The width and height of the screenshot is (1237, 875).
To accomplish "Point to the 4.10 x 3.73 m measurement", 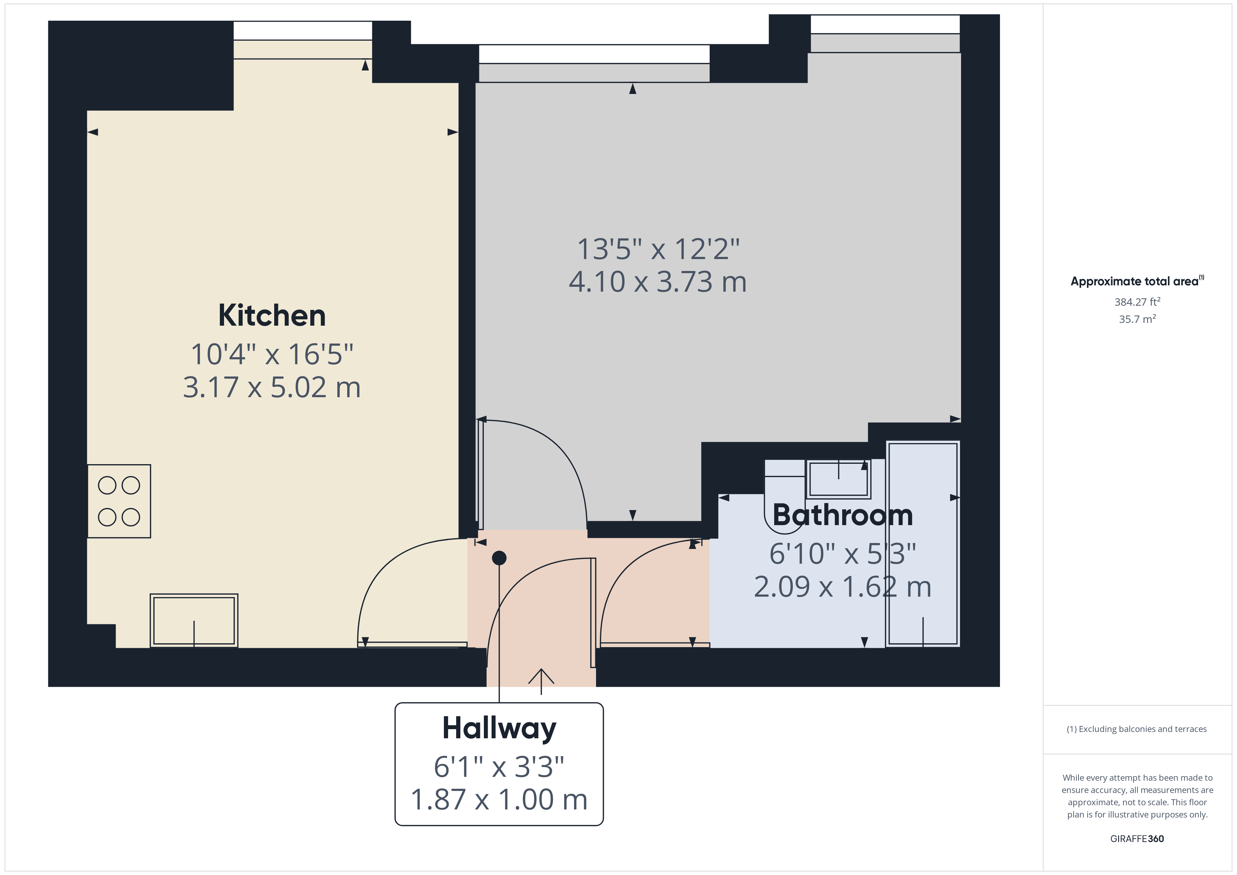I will pos(658,282).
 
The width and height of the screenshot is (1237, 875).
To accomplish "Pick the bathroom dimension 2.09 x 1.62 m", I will pos(842,587).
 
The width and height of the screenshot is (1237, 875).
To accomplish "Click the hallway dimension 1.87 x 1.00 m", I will pos(499,800).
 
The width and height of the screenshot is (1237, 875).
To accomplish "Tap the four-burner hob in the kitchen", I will pos(119,501).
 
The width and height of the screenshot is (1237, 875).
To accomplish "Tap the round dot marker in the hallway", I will pos(499,558).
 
